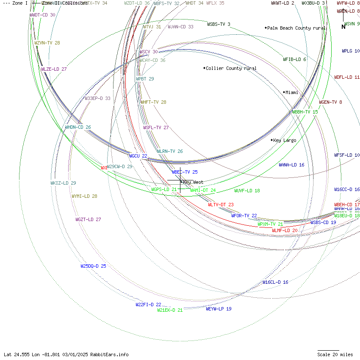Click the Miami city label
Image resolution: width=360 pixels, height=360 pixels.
[x=292, y=92]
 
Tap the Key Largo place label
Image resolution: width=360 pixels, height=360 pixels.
[x=285, y=140]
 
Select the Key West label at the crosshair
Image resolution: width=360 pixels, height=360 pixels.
[x=193, y=182]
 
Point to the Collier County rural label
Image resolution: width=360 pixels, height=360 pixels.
[x=231, y=68]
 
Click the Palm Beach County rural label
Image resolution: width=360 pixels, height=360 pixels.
[x=296, y=28]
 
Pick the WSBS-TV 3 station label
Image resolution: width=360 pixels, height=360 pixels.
[x=219, y=24]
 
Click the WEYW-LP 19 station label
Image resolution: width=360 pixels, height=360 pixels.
[x=219, y=309]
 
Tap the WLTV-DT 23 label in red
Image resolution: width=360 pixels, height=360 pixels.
[x=221, y=205]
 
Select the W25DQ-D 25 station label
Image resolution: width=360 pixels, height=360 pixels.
[x=93, y=266]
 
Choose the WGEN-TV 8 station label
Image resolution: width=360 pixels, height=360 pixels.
[x=330, y=102]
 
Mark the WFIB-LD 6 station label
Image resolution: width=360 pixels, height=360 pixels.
[x=294, y=59]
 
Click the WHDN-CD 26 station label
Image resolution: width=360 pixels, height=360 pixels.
[x=78, y=127]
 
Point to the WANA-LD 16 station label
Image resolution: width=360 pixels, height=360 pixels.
[x=291, y=165]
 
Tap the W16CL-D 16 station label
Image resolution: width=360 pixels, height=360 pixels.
[x=275, y=282]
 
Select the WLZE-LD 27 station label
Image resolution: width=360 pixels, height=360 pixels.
[x=54, y=69]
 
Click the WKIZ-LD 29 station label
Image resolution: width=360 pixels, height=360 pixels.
[x=63, y=183]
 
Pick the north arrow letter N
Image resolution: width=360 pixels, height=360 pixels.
[x=343, y=27]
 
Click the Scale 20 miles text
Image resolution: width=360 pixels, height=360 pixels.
[x=335, y=354]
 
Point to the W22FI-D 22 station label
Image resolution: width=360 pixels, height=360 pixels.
[x=148, y=305]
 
